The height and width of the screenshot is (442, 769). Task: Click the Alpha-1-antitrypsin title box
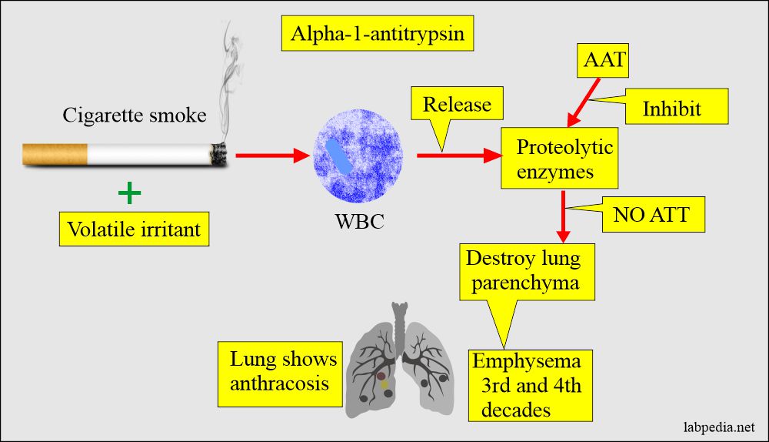[377, 34]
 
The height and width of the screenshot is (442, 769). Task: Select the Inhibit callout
[672, 109]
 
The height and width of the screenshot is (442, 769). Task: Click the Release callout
[457, 105]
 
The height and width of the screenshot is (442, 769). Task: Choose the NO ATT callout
[659, 216]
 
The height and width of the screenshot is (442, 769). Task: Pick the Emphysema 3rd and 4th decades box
[530, 385]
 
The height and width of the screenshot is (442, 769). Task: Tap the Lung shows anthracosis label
[283, 370]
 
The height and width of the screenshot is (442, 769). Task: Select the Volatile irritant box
[134, 229]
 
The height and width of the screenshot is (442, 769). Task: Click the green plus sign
[131, 192]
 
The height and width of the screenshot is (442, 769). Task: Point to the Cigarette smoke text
[135, 116]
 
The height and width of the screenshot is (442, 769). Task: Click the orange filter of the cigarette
[54, 154]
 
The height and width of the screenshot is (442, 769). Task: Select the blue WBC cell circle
[359, 156]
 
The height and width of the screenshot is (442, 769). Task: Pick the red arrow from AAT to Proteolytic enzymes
[584, 100]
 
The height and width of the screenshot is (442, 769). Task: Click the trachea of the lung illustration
[399, 323]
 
